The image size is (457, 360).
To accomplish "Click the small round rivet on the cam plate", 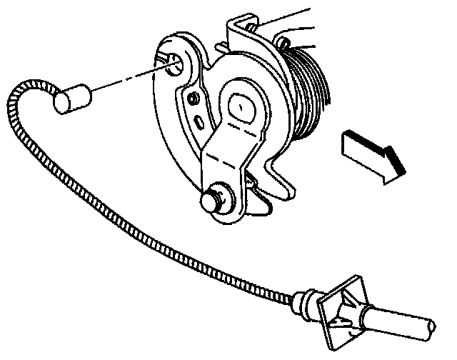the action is point(194,97).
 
